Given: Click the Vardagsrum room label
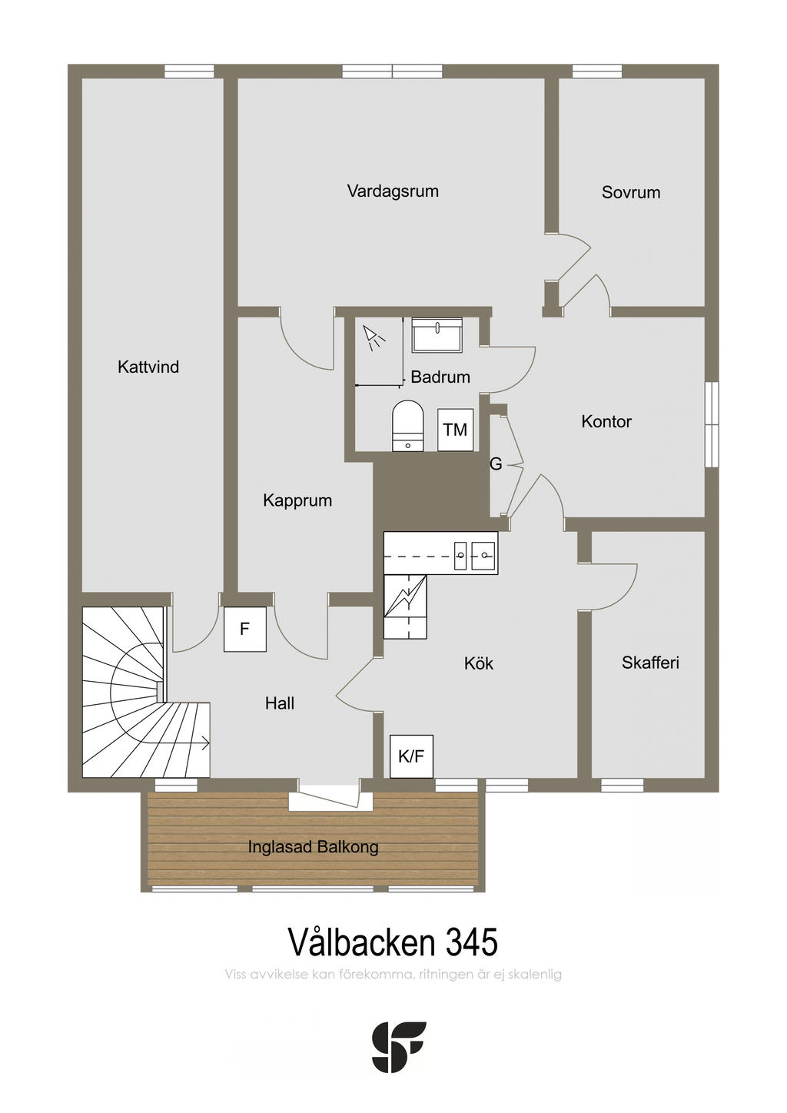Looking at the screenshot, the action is pos(393,191).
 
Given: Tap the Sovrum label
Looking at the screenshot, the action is pos(631,192).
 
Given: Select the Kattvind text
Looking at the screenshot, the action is pos(148,367).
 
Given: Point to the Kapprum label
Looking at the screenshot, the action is pos(297,500).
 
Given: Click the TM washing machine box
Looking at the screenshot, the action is pos(455,430).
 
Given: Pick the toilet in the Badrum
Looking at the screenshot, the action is pos(407,427).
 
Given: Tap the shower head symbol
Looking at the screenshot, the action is pos(374,337).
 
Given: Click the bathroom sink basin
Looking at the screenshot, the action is pos(437,335).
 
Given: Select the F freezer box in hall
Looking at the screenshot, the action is pos(245,629).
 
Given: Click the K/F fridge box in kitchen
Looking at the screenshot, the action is pos(411,756).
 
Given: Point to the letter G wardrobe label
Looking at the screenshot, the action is pos(496,464).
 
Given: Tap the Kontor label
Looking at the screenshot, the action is pos(606,422).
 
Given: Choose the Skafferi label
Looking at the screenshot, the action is pos(650,663).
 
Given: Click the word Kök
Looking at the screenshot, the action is pos(479,663).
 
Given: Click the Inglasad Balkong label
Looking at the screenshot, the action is pos(313,847).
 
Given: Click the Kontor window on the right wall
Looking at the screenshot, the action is pos(712,424).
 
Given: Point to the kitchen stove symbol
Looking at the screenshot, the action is pos(405,606).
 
